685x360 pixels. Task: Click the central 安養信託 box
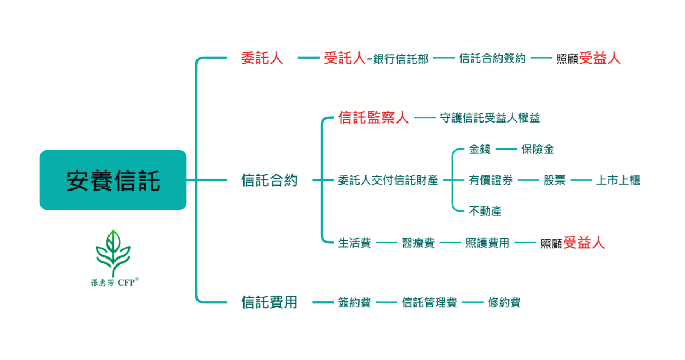[113, 180]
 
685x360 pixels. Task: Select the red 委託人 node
[262, 58]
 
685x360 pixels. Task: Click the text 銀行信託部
[401, 59]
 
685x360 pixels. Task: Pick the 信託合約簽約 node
[492, 58]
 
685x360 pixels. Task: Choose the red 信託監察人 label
[374, 118]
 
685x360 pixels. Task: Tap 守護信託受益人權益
[490, 118]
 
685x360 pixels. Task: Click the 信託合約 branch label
[269, 180]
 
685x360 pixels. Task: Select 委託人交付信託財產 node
[388, 180]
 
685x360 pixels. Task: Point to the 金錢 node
[480, 149]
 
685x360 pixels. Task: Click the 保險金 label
[538, 149]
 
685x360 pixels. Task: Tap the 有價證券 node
[491, 180]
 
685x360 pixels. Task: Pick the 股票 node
[554, 180]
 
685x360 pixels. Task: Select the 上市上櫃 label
[618, 180]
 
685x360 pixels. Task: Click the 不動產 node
[485, 211]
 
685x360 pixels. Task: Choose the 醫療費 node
[418, 243]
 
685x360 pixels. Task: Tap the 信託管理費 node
[429, 302]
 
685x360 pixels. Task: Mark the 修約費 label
[504, 302]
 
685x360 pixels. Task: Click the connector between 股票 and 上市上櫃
[581, 180]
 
